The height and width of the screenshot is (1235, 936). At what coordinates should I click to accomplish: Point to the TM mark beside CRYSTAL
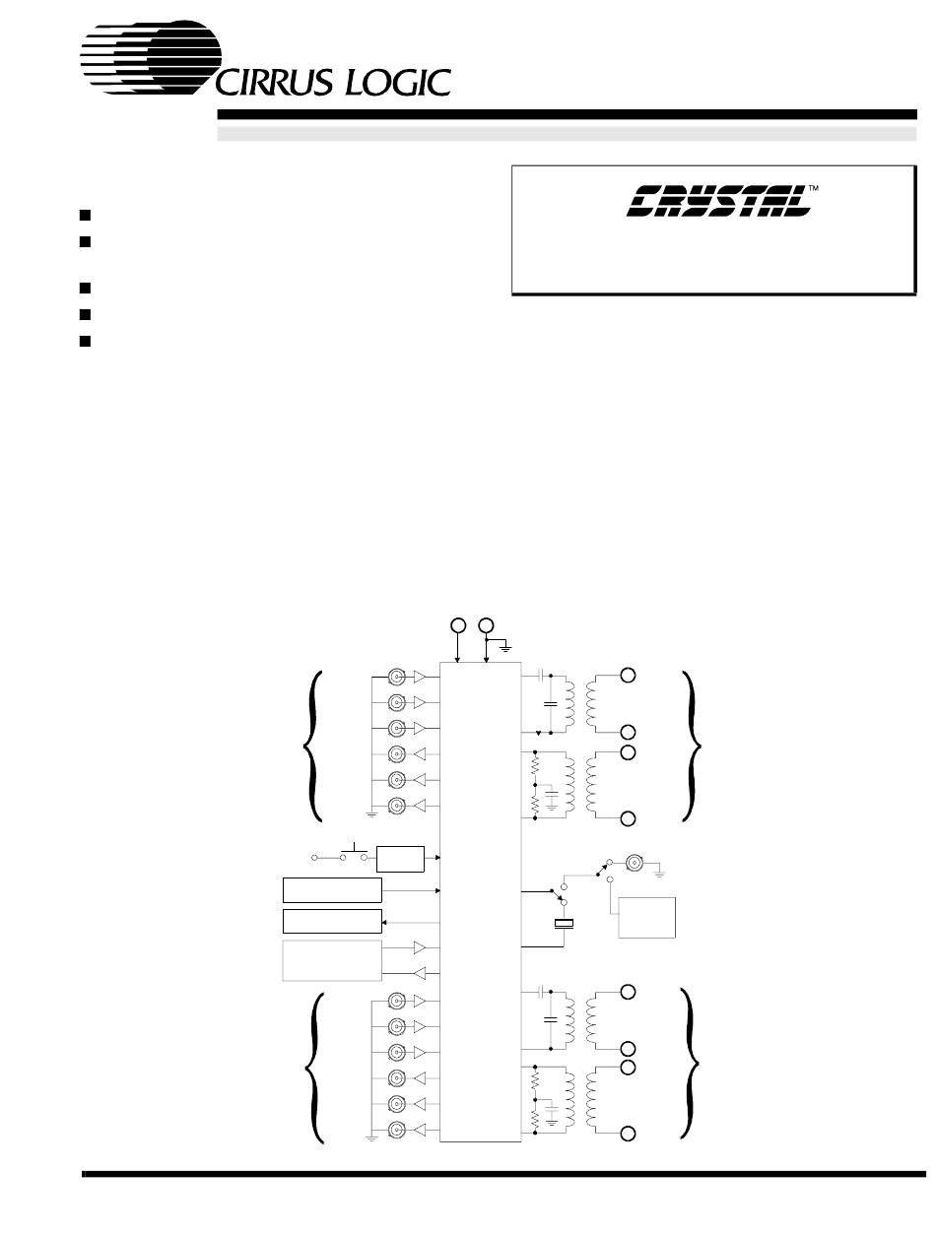coord(814,187)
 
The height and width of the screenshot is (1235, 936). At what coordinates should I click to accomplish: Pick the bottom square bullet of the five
coord(86,342)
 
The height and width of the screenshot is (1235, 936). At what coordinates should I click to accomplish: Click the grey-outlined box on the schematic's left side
coord(332,960)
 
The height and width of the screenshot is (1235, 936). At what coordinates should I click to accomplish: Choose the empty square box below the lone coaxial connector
coord(646,917)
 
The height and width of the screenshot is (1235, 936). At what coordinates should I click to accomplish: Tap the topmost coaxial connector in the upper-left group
coord(396,678)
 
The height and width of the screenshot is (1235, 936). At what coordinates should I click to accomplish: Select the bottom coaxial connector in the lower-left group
coord(396,1130)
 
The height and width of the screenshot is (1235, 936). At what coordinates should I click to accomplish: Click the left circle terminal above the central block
coord(457,624)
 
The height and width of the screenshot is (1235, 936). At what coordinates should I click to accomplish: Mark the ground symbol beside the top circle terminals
coord(504,646)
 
